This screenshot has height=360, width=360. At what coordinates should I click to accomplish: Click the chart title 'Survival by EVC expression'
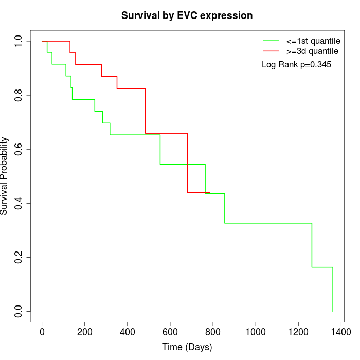(x=187, y=16)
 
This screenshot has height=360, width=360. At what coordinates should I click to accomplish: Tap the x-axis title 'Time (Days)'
(x=187, y=347)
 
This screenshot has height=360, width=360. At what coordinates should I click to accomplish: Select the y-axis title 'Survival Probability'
(x=5, y=176)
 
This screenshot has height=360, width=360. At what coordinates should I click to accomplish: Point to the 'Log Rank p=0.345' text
(x=296, y=65)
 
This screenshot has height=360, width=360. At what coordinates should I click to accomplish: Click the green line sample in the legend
(x=271, y=41)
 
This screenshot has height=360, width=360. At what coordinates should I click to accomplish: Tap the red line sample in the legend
(x=271, y=51)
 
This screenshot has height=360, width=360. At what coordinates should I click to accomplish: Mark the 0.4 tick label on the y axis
(x=19, y=203)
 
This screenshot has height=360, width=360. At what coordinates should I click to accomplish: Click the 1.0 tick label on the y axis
(x=19, y=41)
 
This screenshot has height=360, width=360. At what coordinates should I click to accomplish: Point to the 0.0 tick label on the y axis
(x=19, y=311)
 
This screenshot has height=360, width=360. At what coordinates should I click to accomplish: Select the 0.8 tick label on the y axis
(x=19, y=95)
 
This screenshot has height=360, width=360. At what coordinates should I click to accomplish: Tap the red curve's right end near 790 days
(x=210, y=192)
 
